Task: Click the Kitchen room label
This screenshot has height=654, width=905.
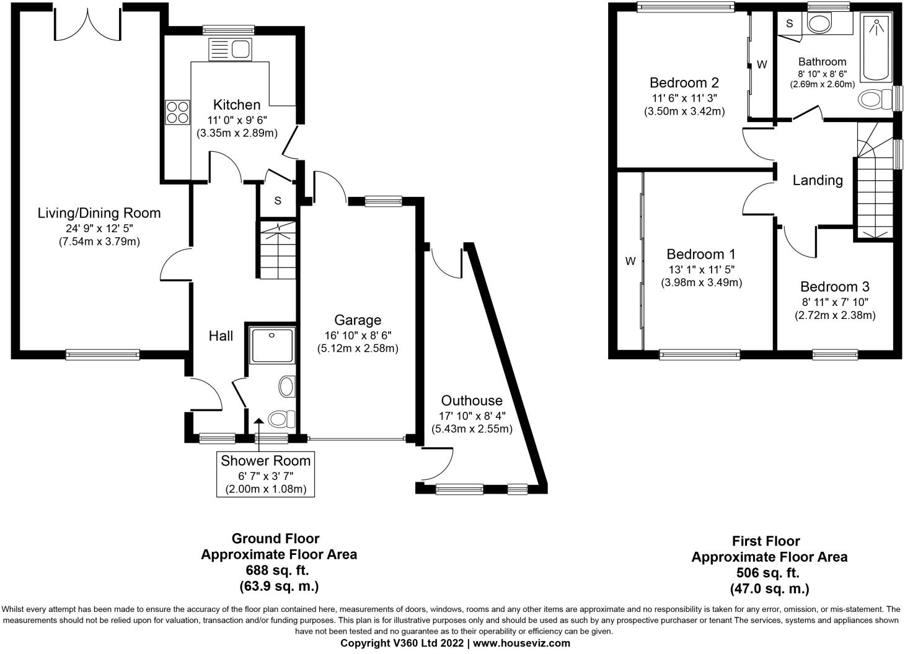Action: click(x=237, y=105)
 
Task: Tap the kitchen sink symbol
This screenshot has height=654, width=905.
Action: click(x=229, y=49)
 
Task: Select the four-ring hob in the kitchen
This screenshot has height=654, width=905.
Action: click(x=177, y=112)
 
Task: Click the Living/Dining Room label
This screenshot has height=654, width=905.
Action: click(x=99, y=213)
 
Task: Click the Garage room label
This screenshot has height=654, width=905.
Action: click(x=358, y=320)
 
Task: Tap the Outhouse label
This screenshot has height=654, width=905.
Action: click(x=472, y=400)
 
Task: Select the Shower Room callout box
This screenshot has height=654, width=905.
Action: click(x=266, y=474)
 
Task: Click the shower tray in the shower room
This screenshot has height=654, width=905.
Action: click(x=272, y=345)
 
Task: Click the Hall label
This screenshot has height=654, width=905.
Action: click(x=221, y=336)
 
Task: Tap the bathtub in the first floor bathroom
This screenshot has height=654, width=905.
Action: click(x=876, y=50)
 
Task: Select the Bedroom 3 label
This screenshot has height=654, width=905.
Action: click(x=834, y=287)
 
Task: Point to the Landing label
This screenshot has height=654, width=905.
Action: click(x=818, y=180)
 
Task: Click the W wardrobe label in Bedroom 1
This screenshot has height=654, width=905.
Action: click(x=630, y=261)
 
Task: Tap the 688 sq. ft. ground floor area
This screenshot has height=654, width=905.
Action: click(x=278, y=570)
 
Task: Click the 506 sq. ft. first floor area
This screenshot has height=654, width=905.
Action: click(x=769, y=573)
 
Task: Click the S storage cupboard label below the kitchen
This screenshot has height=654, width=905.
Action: click(x=278, y=201)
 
